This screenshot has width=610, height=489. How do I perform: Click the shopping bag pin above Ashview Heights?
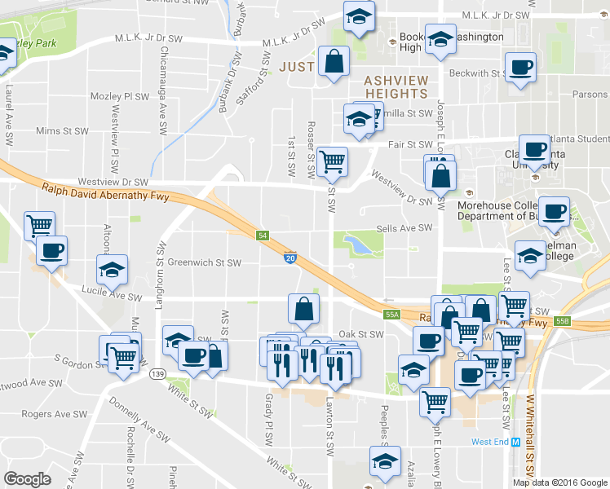click(334, 61)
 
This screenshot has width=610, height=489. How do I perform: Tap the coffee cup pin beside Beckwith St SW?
click(520, 68)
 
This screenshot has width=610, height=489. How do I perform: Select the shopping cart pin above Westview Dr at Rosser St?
click(332, 162)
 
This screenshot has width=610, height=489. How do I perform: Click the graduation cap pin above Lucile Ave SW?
click(113, 270)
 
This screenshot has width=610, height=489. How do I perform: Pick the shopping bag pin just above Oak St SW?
click(303, 310)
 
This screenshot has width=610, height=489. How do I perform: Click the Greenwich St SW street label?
click(205, 263)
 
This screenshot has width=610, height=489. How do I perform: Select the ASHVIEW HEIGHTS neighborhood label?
click(396, 87)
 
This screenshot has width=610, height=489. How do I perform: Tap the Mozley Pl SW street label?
click(119, 96)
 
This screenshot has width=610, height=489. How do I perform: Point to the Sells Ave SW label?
click(404, 229)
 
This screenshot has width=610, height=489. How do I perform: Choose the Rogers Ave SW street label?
click(48, 414)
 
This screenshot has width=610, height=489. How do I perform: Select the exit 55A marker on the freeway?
click(392, 314)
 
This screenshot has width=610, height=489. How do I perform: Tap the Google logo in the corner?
click(28, 479)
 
